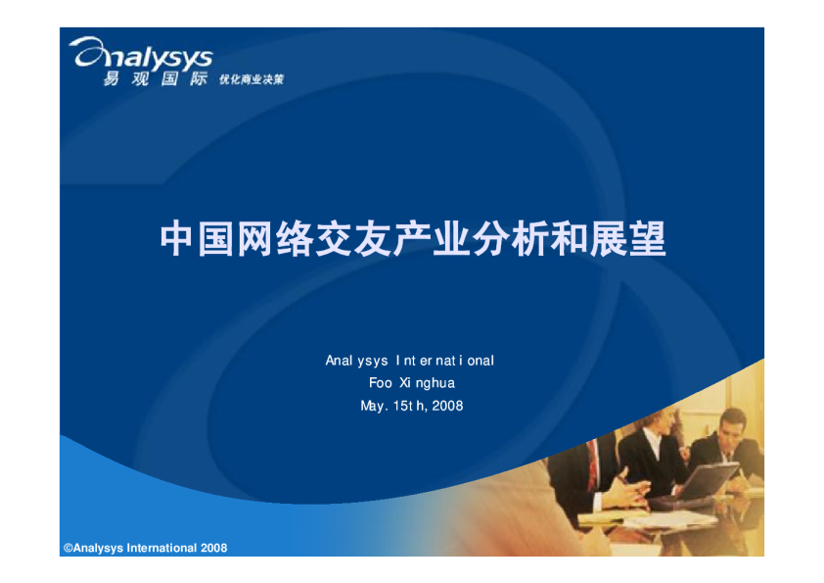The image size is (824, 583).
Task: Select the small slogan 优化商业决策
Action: (252, 80)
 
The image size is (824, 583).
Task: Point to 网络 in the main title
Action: (275, 239)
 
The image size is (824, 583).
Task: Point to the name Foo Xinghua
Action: (412, 383)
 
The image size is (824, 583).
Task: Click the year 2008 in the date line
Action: (447, 406)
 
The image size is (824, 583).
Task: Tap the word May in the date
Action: (371, 406)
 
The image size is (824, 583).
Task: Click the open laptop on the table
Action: (703, 479)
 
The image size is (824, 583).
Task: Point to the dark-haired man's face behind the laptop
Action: (728, 425)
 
